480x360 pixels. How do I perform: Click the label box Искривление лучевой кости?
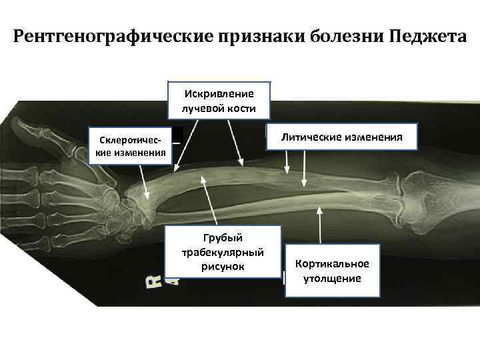coord(220,100)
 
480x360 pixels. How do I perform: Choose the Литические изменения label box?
coord(341,137)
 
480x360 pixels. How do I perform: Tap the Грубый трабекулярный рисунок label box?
coord(223,253)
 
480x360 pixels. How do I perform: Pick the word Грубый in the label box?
coord(223,238)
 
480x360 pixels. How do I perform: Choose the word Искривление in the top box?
coord(220,93)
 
